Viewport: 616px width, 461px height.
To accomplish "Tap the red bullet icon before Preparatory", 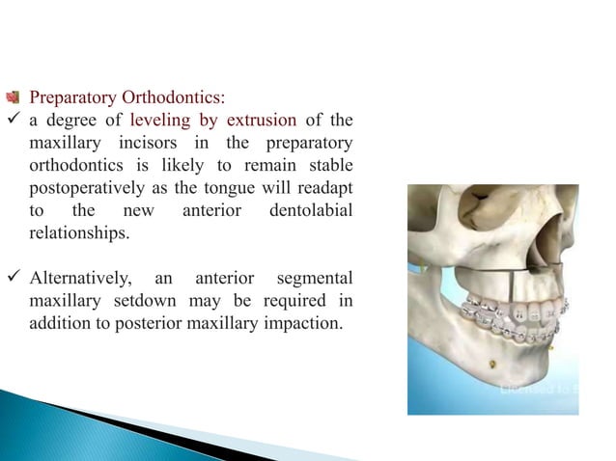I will click(x=13, y=98).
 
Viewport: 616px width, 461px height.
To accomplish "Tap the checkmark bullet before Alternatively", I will click(x=13, y=279).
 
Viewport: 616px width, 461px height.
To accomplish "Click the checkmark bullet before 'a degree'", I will click(x=13, y=121).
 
